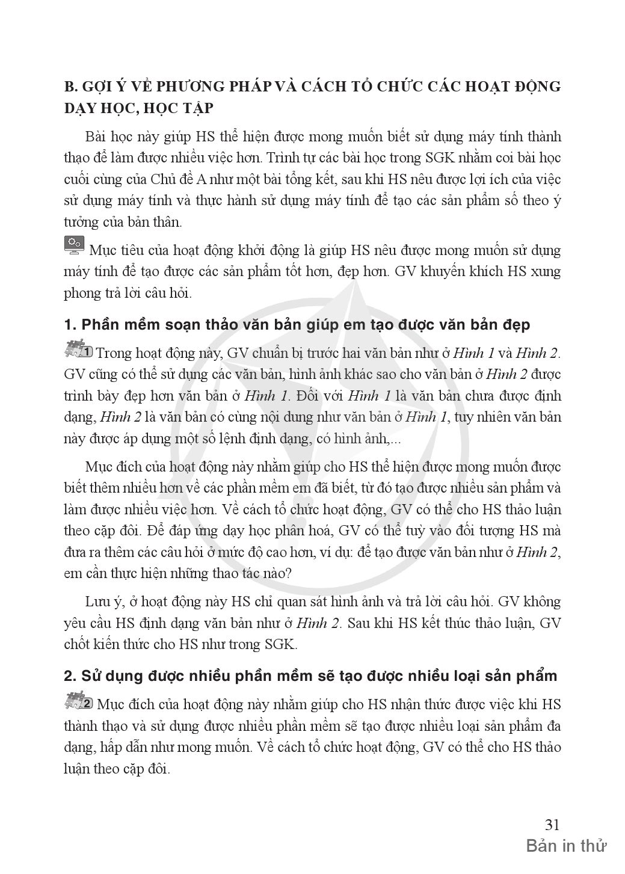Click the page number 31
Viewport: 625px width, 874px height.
coord(552,824)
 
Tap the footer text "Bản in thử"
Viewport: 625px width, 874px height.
coord(566,846)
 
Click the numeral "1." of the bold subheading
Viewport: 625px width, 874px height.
coord(70,325)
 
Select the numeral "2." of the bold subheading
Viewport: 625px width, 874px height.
coord(70,676)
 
